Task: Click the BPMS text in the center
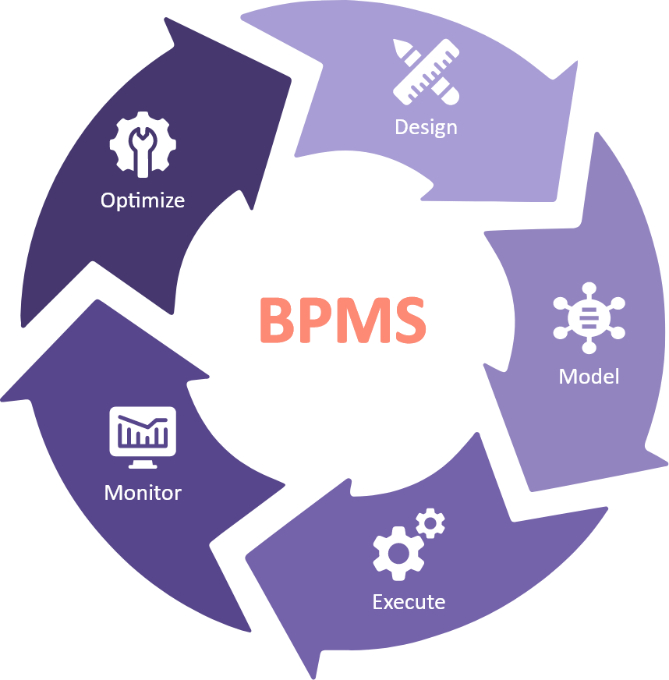pos(342,320)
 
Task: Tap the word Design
pos(426,126)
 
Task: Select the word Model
pos(589,377)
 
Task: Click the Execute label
pos(409,602)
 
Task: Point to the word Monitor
pos(143,493)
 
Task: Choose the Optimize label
pos(143,200)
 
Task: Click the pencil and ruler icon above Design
pos(426,73)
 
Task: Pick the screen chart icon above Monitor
pos(143,437)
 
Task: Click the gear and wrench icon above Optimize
pos(143,145)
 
